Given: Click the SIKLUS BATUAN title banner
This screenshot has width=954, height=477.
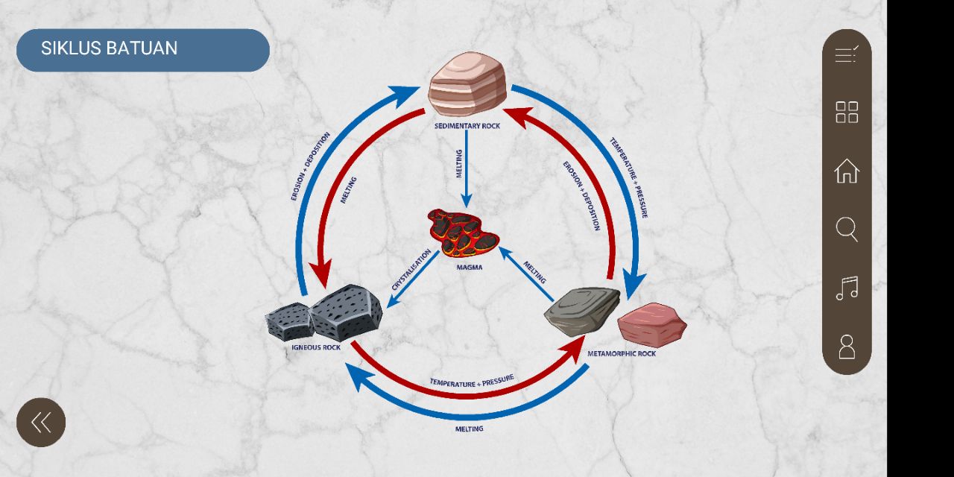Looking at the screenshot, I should pos(142,49).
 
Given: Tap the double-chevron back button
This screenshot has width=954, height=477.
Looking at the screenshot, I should pos(41,423).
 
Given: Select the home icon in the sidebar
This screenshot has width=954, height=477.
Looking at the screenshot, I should pos(847,171).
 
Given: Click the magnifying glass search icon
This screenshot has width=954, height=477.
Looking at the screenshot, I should pos(847,230).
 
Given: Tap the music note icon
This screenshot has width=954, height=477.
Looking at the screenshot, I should pos(847,288).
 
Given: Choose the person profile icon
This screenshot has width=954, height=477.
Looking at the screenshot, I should pos(847,347).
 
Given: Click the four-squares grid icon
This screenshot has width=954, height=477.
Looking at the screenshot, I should pos(847,113).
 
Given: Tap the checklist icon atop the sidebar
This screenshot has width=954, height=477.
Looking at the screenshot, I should pos(847,54).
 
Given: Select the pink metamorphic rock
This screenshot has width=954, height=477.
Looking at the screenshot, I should pos(651,324).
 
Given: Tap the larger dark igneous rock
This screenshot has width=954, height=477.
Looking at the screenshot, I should pos(346,312).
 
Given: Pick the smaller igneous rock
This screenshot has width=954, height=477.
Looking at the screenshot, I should pos(288,321).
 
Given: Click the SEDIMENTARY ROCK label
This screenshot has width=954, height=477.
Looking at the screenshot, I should pos(467,126).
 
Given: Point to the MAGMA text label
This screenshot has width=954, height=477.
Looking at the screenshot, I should pos(470,267).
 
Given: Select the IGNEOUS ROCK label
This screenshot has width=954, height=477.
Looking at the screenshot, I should pos(316,347).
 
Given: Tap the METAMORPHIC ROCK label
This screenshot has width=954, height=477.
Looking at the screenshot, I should pos(622,353).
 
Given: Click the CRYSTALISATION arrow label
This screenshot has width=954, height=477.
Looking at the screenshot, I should pos(411,270).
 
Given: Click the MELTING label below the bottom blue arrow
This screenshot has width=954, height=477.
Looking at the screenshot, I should pos(470,429).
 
